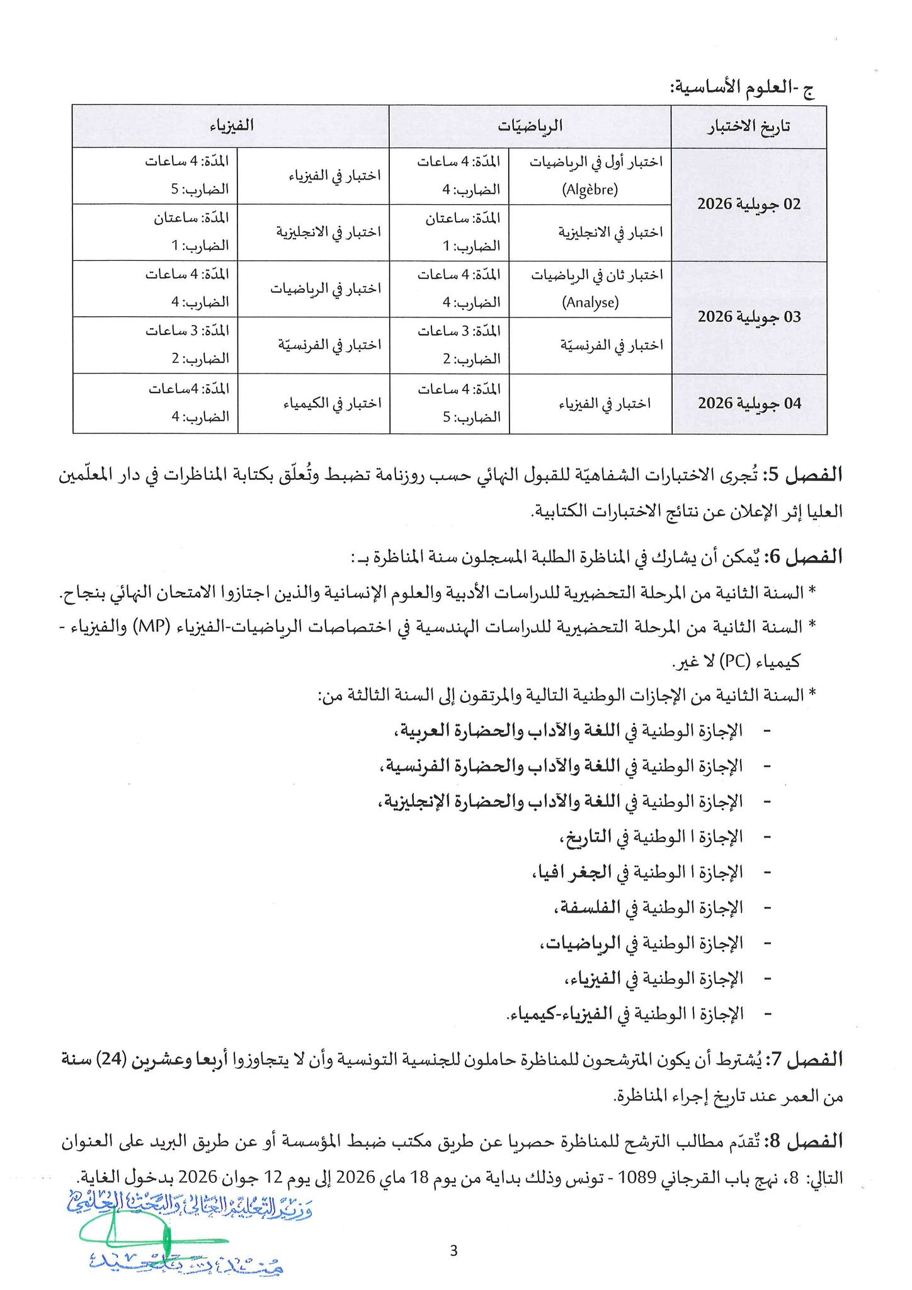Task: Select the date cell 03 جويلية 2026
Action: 749,317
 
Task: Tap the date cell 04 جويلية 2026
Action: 749,403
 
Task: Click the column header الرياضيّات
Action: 530,126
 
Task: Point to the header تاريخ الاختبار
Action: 750,126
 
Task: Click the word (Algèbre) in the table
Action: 590,190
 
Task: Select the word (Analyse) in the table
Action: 590,302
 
